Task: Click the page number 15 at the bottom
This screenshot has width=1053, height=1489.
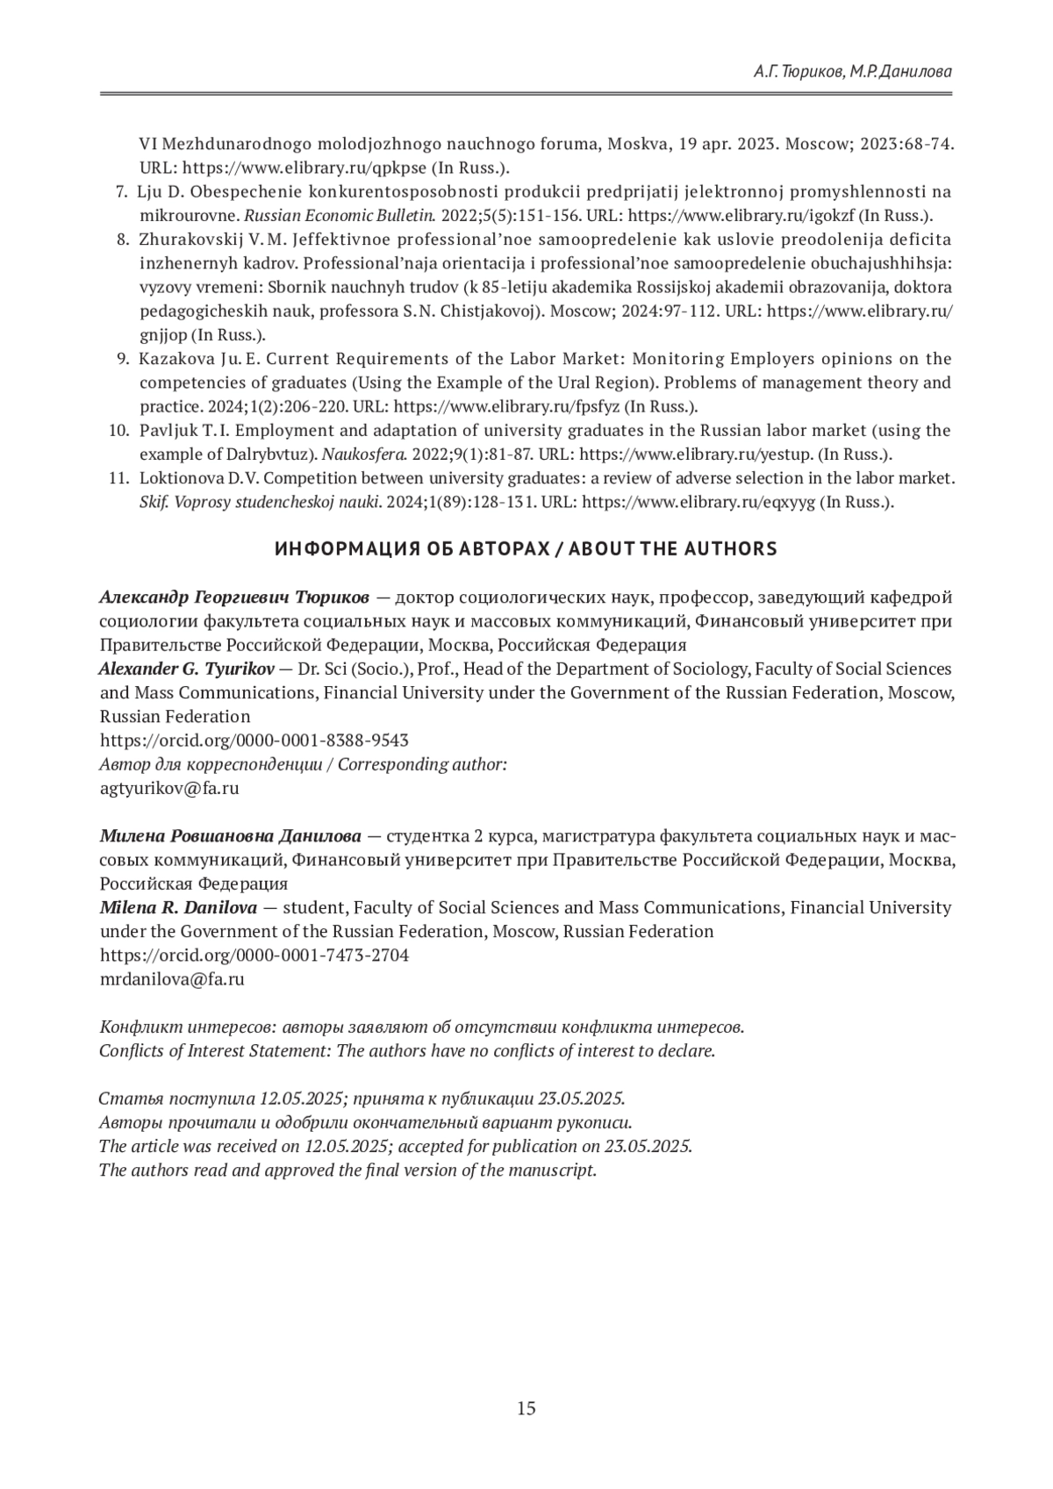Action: [x=526, y=1409]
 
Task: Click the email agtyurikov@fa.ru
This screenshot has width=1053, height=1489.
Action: [x=169, y=788]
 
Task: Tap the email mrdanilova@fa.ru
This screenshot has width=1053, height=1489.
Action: [x=172, y=979]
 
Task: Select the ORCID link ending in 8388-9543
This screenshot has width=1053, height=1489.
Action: [x=254, y=740]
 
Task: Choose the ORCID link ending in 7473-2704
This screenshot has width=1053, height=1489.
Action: [x=254, y=955]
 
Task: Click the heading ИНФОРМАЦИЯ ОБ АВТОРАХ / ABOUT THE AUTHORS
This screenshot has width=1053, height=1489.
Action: [x=526, y=549]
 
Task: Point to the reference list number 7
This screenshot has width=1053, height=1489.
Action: [x=122, y=192]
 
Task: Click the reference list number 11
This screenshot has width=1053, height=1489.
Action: [x=118, y=478]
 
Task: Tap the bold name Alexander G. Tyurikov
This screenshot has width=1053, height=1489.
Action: [x=187, y=669]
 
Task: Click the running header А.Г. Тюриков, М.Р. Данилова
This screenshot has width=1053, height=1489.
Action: [x=852, y=72]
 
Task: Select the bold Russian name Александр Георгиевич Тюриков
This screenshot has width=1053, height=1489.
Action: [x=234, y=598]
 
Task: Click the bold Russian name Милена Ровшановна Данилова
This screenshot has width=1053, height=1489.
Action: [x=230, y=834]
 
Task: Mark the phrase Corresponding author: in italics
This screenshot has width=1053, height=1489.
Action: [x=422, y=764]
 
